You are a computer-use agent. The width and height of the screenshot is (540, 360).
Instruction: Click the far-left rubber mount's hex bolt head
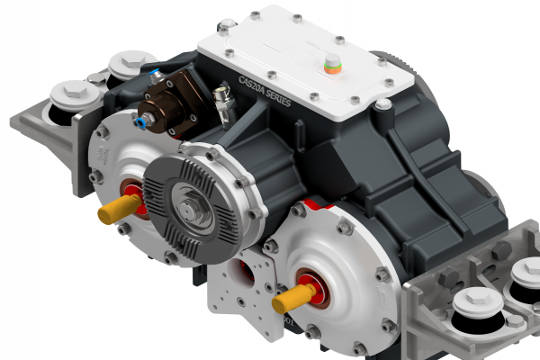click(73, 93)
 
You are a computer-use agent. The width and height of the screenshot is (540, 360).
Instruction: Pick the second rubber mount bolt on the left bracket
click(125, 66)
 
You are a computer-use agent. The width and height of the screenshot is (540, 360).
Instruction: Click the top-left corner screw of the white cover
click(256, 15)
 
